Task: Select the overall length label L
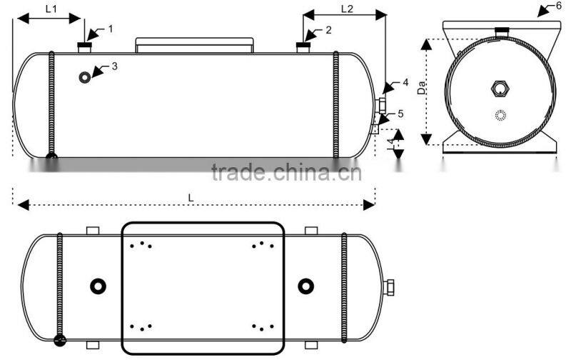(191, 196)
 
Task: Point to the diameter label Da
(422, 89)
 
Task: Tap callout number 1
(111, 29)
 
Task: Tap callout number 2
(328, 30)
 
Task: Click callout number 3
(115, 66)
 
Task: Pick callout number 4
(405, 83)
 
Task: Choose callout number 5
(401, 114)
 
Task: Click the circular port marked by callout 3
(86, 76)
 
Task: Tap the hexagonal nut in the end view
(499, 89)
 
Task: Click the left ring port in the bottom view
(97, 286)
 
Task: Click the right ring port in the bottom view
(305, 286)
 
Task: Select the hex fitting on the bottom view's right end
(390, 287)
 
